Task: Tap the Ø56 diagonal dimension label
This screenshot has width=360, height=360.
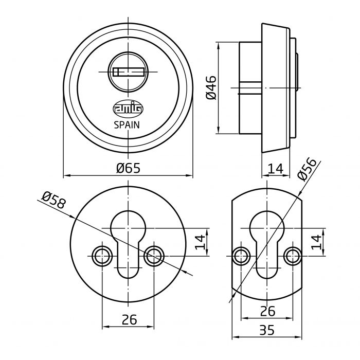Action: tap(307, 168)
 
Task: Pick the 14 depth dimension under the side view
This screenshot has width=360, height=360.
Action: tap(276, 168)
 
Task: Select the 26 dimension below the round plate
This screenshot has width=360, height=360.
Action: tap(129, 319)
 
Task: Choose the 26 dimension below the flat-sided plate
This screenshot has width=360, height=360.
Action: tap(267, 311)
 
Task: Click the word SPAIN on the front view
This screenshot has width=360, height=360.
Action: tap(128, 124)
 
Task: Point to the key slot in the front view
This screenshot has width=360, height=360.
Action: tap(128, 71)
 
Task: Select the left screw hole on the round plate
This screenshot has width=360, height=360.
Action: tap(102, 255)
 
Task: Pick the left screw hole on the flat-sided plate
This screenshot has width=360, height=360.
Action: tap(241, 255)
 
